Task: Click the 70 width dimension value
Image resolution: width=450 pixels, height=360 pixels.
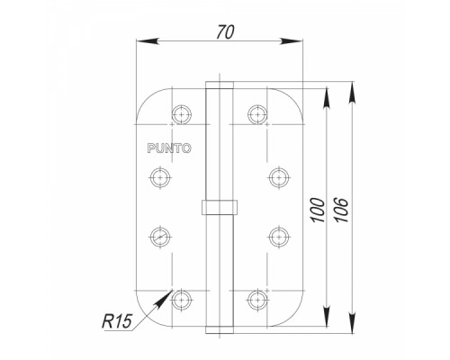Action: point(225,32)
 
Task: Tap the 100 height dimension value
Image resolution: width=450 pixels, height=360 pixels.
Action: point(318,210)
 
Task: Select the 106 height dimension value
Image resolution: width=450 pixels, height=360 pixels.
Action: point(342,210)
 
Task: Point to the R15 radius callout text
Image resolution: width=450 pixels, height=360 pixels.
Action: point(117,321)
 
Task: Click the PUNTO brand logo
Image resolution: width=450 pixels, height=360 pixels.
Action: point(169,148)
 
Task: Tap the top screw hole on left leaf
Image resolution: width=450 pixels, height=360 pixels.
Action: point(182,114)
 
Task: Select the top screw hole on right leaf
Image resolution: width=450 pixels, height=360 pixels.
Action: point(257,114)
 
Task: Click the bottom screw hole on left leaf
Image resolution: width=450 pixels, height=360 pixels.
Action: point(182,300)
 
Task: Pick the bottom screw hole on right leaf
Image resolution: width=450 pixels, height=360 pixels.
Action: point(257,300)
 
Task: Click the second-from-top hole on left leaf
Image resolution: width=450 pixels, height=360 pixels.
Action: point(160,177)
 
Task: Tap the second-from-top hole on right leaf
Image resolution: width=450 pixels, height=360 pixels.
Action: point(279,177)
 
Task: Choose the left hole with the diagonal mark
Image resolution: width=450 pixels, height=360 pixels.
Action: point(160,237)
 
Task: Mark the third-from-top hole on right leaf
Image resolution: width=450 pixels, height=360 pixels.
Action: point(279,237)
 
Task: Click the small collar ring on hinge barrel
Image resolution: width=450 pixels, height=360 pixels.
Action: point(220,207)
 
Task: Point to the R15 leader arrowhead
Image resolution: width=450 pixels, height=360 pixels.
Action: point(163,299)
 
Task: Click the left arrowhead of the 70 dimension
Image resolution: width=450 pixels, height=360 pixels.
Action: point(148,41)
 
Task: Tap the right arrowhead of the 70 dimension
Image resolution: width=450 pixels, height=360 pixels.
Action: point(292,41)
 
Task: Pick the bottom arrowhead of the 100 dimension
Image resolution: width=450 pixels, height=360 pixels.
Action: point(327,316)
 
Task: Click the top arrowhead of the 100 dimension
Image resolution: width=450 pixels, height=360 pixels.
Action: point(327,100)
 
